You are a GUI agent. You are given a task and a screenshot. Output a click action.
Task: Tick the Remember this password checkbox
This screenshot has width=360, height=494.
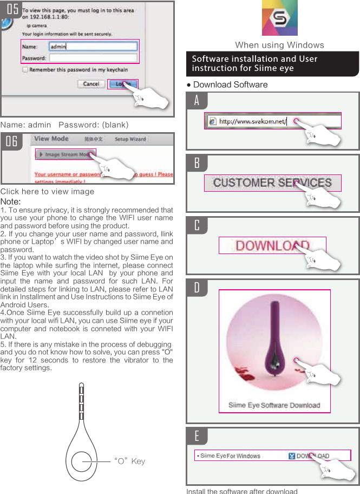coord(25,70)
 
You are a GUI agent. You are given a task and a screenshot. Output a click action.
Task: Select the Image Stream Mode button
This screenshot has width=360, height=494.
coord(66,154)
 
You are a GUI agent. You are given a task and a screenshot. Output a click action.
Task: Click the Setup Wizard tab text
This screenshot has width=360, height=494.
coord(130,139)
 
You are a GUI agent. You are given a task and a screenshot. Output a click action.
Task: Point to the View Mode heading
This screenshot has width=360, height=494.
coord(51,139)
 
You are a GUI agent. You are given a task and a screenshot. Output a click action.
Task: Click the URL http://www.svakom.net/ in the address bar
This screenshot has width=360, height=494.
coord(252,121)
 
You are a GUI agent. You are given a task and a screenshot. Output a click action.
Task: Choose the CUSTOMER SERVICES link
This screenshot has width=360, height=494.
coord(272,183)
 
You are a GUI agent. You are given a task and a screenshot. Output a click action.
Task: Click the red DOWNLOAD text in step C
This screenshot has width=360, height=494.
coord(272,245)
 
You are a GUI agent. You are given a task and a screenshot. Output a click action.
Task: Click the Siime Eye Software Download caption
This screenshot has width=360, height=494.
coord(274,405)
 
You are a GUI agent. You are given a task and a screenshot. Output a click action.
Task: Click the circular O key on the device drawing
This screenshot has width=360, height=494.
coord(82,462)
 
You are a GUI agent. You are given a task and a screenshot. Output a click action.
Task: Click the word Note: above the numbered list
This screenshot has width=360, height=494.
coord(10,201)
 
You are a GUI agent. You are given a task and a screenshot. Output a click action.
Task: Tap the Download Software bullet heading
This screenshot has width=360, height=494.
coord(230,84)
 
